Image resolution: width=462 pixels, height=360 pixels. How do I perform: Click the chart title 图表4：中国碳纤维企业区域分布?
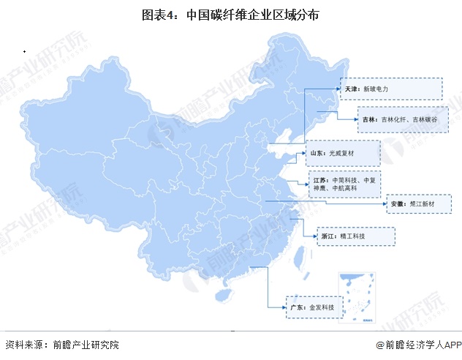pyautogui.click(x=231, y=14)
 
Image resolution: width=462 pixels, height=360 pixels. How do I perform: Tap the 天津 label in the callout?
pyautogui.click(x=352, y=89)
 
